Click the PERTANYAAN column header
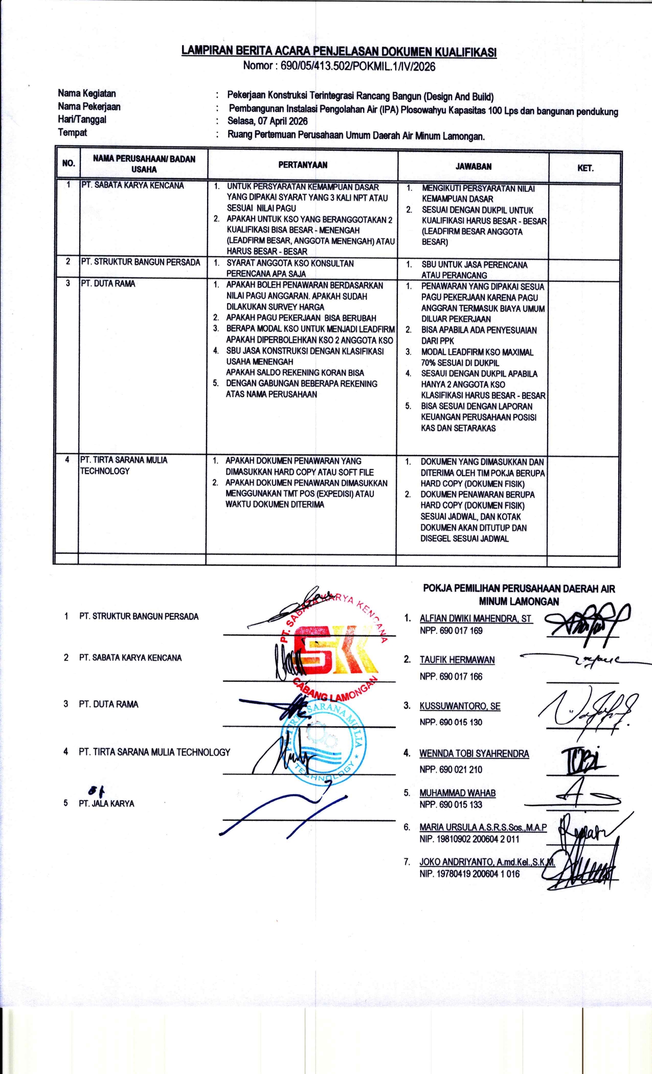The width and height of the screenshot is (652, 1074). coord(303,165)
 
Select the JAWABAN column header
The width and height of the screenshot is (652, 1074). coord(474,166)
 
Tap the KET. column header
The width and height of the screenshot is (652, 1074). coord(585,168)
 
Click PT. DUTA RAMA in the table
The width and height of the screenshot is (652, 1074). coord(108,283)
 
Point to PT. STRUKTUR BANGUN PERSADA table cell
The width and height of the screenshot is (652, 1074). coord(141,262)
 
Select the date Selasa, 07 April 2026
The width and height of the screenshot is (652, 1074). coord(267,121)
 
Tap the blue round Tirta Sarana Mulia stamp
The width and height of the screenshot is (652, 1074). coord(323,742)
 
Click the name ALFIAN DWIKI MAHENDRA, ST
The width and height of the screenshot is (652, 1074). coord(476,618)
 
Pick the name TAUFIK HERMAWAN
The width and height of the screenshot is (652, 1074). coord(457,660)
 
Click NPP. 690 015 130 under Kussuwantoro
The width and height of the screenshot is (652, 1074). coord(451,722)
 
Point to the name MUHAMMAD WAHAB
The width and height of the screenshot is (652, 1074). coord(457,793)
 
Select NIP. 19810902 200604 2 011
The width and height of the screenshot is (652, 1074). coord(469,839)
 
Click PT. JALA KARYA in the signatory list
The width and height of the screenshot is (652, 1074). coord(106,803)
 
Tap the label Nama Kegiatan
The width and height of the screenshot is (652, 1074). coord(86,94)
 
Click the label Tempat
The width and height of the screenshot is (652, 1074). coord(72,132)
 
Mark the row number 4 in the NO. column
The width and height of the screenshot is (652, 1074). coord(67,459)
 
